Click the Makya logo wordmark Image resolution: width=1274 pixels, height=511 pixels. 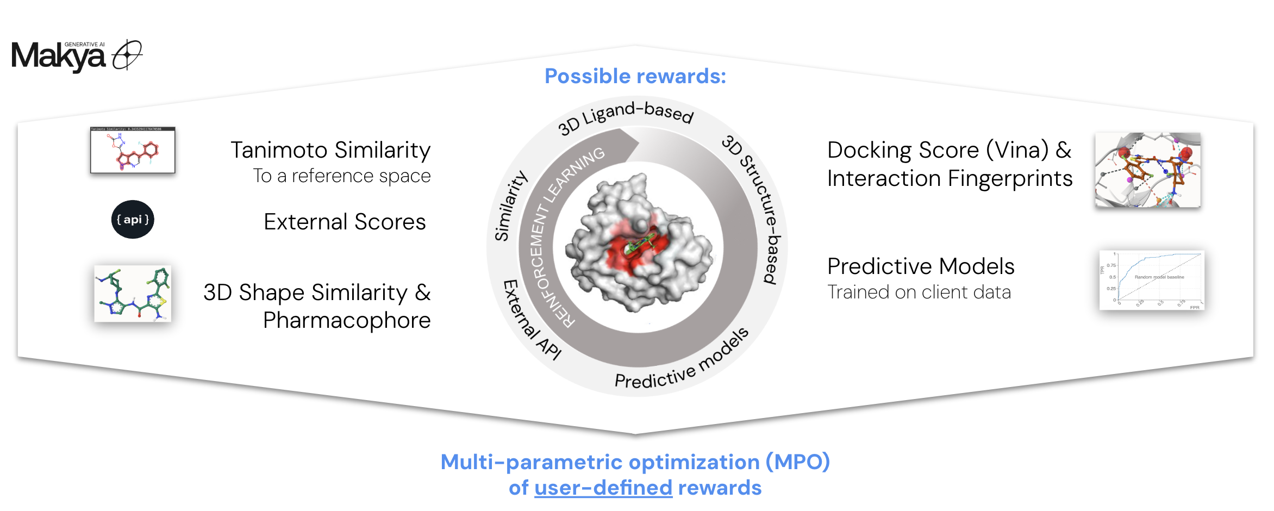(x=58, y=57)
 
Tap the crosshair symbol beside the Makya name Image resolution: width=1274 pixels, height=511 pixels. (x=127, y=54)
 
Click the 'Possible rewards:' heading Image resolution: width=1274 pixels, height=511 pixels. (x=635, y=76)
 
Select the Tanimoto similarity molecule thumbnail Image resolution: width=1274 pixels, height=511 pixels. (x=133, y=150)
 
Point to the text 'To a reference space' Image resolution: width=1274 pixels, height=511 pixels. (x=341, y=176)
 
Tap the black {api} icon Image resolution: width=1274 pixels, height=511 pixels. (x=133, y=220)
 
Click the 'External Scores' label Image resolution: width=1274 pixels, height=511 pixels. (x=345, y=222)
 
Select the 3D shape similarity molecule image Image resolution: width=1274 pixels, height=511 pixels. (x=133, y=294)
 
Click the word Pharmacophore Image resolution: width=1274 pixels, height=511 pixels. (x=347, y=321)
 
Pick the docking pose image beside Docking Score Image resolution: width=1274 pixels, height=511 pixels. (x=1147, y=170)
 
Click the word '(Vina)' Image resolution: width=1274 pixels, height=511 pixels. (x=1017, y=150)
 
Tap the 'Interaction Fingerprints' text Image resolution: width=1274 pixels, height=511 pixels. (x=950, y=178)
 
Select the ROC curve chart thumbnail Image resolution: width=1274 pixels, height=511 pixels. (x=1151, y=280)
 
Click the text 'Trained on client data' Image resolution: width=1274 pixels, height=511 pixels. (x=919, y=292)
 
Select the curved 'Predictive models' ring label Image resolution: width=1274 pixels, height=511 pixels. (x=682, y=363)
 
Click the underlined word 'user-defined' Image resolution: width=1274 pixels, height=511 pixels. (x=603, y=488)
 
